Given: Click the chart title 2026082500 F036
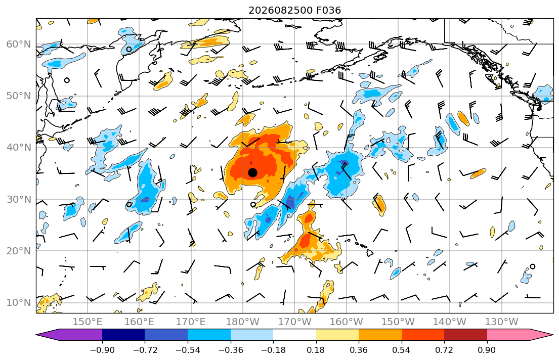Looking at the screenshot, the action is [294, 10].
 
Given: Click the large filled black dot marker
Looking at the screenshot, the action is [252, 172].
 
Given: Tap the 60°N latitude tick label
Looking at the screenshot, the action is [19, 44].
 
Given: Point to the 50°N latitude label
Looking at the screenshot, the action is [19, 96].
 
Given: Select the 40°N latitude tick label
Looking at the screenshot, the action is [19, 148].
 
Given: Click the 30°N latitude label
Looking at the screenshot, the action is [19, 199].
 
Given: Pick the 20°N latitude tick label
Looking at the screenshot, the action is [19, 251].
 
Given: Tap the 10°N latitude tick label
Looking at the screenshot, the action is [19, 303].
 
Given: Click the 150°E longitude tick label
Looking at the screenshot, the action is [88, 322].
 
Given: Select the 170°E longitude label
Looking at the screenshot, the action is [191, 322].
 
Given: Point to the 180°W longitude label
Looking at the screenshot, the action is [243, 322].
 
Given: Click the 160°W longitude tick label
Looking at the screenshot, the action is [346, 322].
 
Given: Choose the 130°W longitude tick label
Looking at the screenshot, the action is [502, 322].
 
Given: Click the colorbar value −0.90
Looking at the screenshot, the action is [102, 350].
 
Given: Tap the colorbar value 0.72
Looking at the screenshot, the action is [444, 350].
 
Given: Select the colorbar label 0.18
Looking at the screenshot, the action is [316, 350].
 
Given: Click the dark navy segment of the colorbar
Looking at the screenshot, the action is [123, 335].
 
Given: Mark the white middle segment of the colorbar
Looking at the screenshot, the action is [294, 335].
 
